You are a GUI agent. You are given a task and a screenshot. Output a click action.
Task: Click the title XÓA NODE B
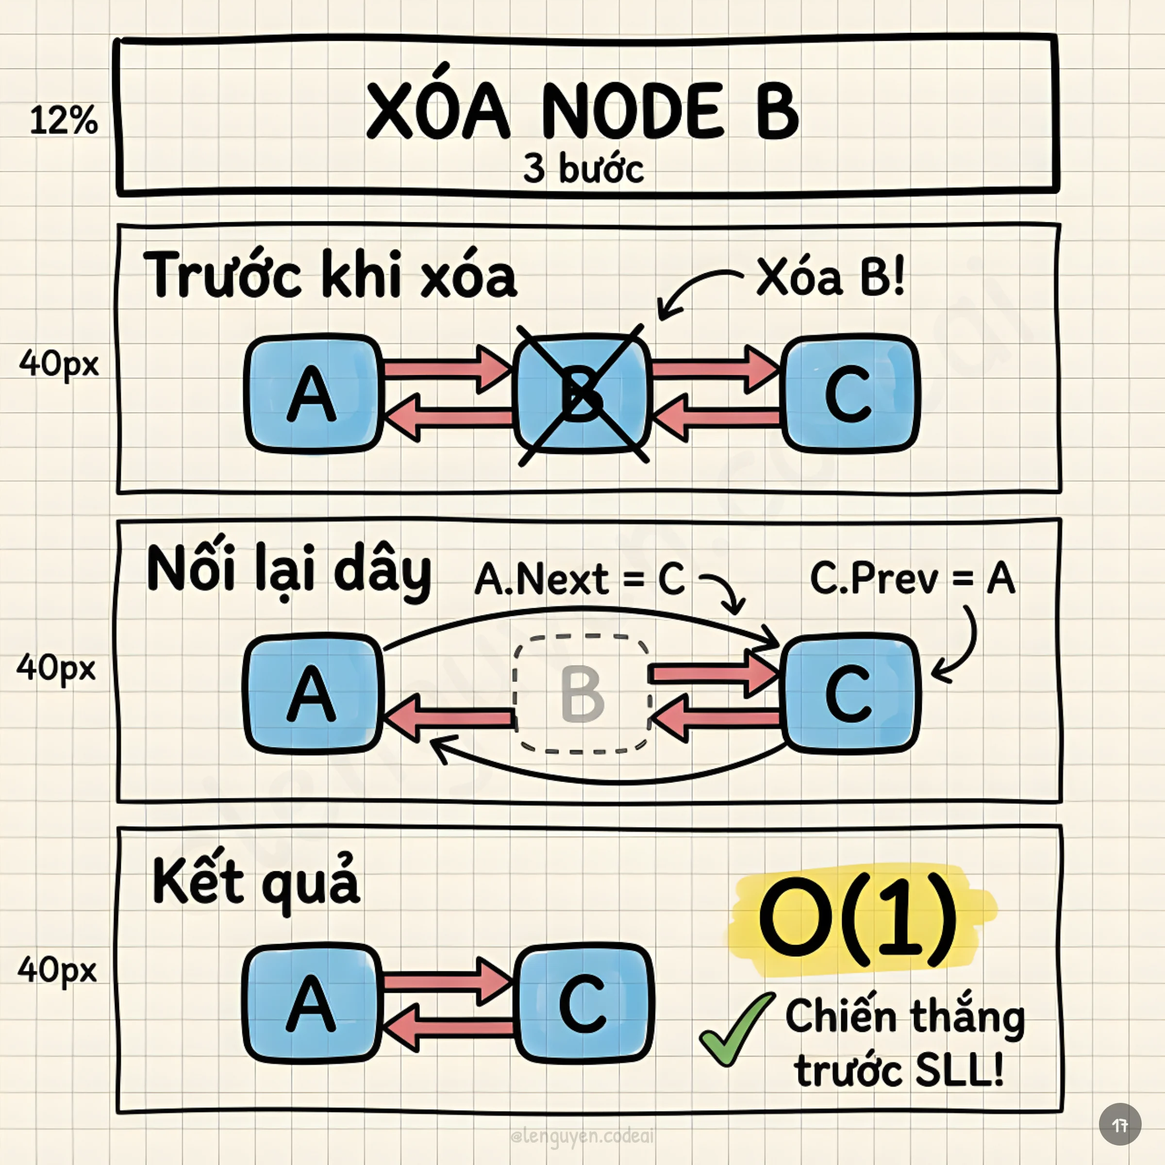[x=582, y=112]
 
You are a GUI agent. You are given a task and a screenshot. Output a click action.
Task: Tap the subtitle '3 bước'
[x=583, y=168]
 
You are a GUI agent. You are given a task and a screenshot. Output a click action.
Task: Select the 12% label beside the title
[x=63, y=120]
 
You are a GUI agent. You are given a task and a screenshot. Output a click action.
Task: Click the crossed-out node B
[x=582, y=394]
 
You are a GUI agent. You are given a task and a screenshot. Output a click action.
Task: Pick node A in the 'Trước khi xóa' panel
[x=312, y=394]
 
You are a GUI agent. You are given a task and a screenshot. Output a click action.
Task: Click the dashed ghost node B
[x=582, y=694]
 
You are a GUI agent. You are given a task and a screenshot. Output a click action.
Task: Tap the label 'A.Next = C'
[x=580, y=580]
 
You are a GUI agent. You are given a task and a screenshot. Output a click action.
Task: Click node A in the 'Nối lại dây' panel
[x=312, y=694]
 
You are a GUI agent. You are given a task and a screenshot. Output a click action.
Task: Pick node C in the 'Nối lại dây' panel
[x=850, y=694]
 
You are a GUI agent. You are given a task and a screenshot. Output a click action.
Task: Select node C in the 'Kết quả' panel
[x=583, y=1004]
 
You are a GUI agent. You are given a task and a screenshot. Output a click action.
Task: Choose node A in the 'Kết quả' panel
[x=312, y=1004]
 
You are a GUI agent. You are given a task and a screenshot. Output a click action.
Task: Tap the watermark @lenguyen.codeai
[x=582, y=1137]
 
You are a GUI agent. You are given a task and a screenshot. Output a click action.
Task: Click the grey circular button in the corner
[x=1120, y=1124]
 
